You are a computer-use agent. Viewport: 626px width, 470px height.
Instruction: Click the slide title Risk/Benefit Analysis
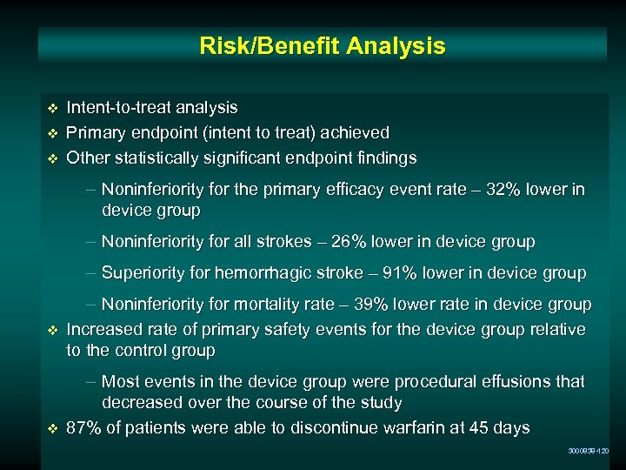(322, 45)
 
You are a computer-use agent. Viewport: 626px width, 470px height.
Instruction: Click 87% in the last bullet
(83, 428)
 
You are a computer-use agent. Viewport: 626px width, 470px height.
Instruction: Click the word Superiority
(143, 272)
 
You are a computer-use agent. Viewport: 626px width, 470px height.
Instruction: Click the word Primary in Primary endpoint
(97, 132)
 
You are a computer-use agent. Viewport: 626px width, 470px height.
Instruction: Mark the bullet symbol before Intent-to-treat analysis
(52, 108)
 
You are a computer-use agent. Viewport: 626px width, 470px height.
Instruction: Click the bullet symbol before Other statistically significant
(52, 158)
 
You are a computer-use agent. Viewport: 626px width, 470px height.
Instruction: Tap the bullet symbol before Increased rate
(52, 330)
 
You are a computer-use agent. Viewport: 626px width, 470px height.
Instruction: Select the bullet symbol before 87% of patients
(52, 429)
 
